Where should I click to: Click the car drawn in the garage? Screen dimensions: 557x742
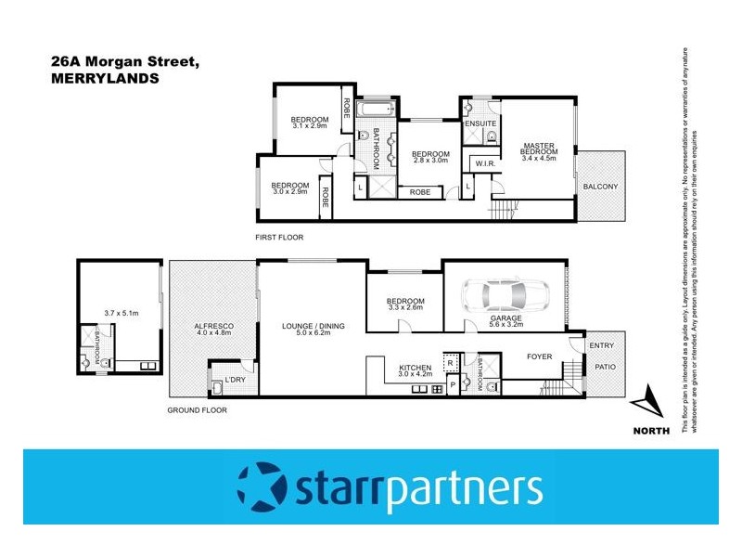(x=506, y=295)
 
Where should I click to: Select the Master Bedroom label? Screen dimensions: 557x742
(x=539, y=149)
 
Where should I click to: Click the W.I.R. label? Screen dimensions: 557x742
(x=484, y=164)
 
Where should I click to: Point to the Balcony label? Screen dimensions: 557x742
(x=600, y=187)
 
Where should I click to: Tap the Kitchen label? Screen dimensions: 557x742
(x=415, y=369)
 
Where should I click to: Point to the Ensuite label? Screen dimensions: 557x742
(x=480, y=123)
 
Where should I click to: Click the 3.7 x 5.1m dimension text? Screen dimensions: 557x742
(x=121, y=314)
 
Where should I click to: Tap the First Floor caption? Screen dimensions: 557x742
(x=279, y=238)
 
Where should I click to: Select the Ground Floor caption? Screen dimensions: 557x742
(x=197, y=409)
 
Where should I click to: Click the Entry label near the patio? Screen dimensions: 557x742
(x=601, y=345)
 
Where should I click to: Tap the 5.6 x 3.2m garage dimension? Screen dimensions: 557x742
(x=506, y=324)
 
